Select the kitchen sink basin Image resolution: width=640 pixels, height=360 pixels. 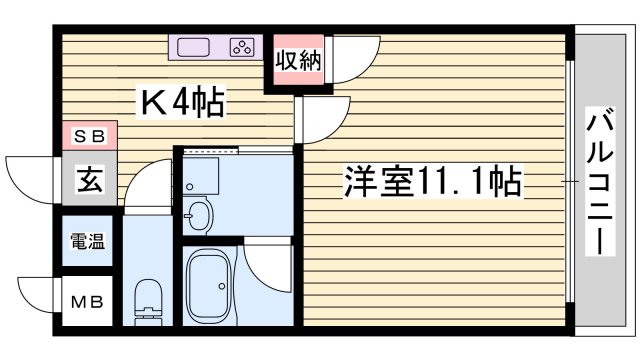[x=194, y=46]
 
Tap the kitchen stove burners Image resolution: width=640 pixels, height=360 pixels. [x=242, y=46]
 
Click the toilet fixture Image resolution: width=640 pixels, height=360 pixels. [x=148, y=299]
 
